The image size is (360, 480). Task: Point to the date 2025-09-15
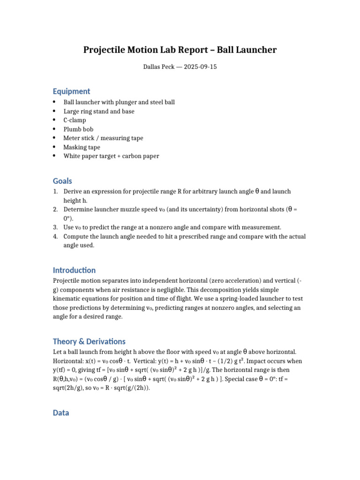(x=200, y=67)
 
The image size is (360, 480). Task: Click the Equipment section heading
(x=71, y=91)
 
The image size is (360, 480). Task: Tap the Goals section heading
(x=62, y=181)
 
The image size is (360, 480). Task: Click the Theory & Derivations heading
(x=89, y=342)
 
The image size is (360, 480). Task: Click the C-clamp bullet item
(x=75, y=120)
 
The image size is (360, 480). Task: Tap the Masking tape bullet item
(x=82, y=147)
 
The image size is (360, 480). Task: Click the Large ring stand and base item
(x=99, y=112)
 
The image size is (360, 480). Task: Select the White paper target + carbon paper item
(x=111, y=156)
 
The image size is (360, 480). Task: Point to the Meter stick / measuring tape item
(x=103, y=138)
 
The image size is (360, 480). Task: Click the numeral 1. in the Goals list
(x=55, y=192)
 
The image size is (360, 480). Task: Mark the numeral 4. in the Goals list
(x=55, y=237)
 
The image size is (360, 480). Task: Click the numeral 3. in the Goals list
(x=55, y=227)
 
